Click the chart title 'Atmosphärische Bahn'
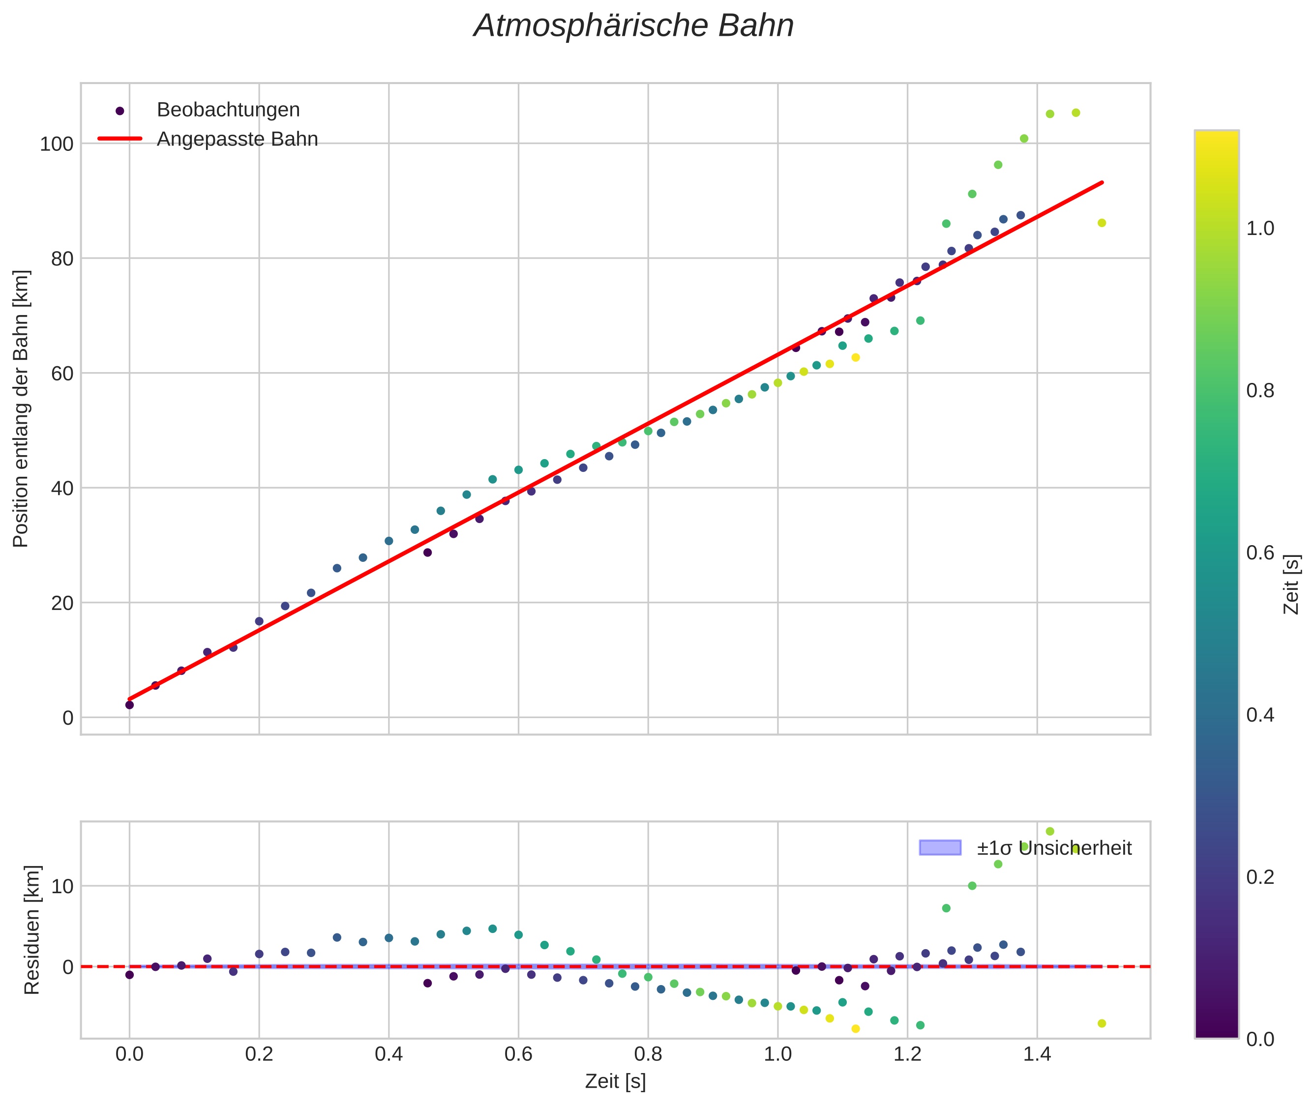(633, 26)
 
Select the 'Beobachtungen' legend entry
(228, 110)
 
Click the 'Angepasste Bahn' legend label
(237, 139)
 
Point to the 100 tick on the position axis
(57, 144)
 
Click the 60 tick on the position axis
(62, 374)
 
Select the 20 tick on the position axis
(62, 603)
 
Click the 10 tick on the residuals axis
(62, 886)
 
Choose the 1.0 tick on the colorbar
(1259, 229)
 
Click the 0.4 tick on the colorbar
(1259, 715)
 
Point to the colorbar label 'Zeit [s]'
(1291, 584)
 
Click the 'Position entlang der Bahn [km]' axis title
(21, 408)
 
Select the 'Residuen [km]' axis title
(31, 930)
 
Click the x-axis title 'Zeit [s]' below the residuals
(615, 1081)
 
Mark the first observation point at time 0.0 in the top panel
(130, 705)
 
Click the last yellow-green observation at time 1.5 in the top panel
(1102, 223)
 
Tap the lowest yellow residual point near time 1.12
(856, 1029)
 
